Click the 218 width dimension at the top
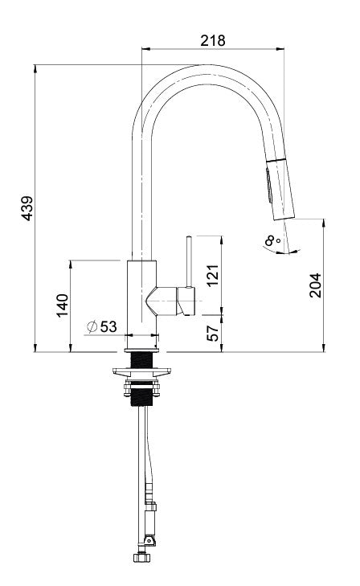pos(213,39)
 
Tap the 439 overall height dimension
pos(27,207)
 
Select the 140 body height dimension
pos(62,305)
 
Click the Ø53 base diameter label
pos(102,326)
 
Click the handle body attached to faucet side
pos(170,301)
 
